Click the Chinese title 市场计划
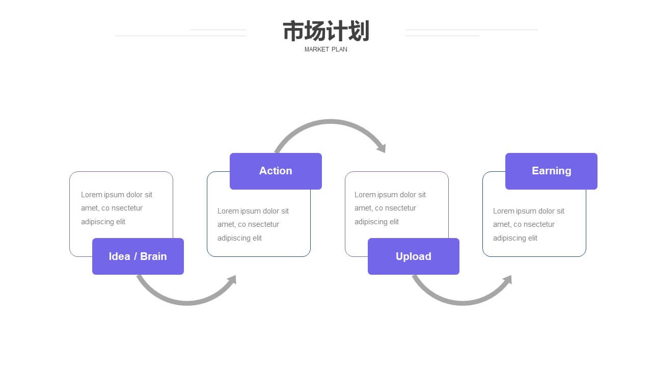[326, 31]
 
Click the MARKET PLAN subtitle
[325, 49]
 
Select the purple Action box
[276, 171]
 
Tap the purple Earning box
[551, 171]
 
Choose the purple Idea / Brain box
[138, 256]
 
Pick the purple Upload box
[414, 256]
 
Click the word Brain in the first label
[153, 256]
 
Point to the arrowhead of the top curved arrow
[382, 148]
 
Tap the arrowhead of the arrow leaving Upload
[507, 279]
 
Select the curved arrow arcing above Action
[330, 122]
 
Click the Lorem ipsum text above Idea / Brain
[117, 208]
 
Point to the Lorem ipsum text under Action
[253, 225]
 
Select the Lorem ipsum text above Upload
[390, 208]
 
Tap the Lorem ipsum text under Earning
[529, 225]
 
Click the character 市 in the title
[293, 31]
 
